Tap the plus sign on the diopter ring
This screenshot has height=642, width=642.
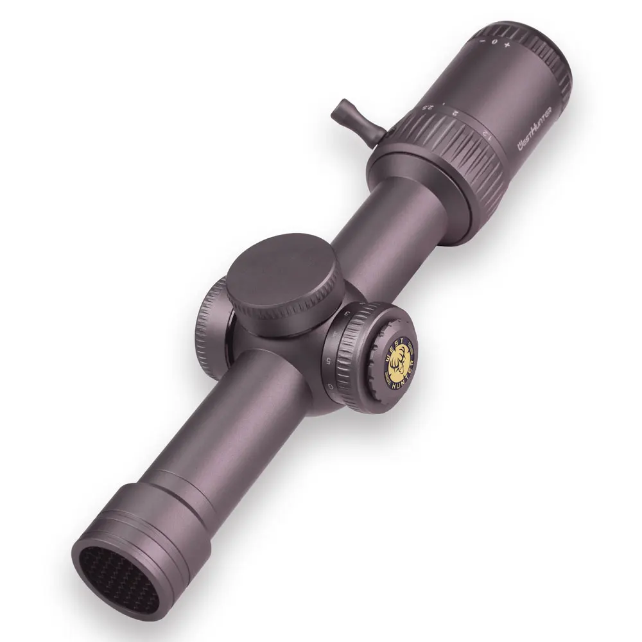coord(508,46)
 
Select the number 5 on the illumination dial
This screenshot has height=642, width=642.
coord(329,360)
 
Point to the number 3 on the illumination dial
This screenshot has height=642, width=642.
coord(348,314)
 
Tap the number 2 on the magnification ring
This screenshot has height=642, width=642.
coord(454,113)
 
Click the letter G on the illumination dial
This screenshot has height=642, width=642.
coord(331,385)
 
